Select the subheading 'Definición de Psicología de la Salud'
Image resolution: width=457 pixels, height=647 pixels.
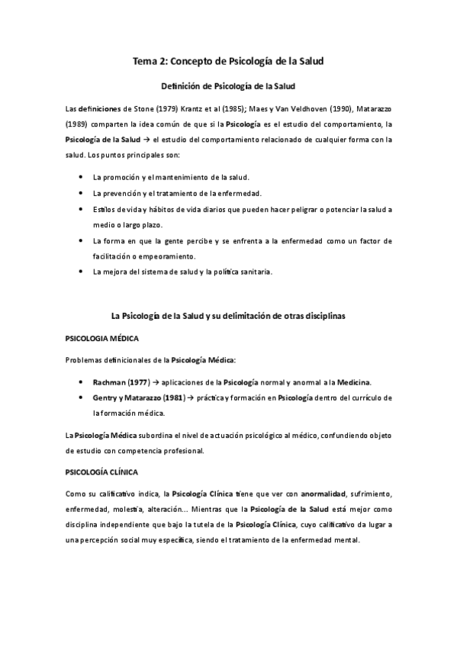(228, 86)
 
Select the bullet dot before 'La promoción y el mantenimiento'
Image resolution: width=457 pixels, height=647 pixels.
(81, 177)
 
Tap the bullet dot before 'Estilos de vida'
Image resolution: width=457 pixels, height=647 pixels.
(81, 208)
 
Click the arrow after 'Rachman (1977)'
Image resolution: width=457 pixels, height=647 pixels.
(155, 381)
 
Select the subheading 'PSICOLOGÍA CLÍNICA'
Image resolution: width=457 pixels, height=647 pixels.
(104, 472)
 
